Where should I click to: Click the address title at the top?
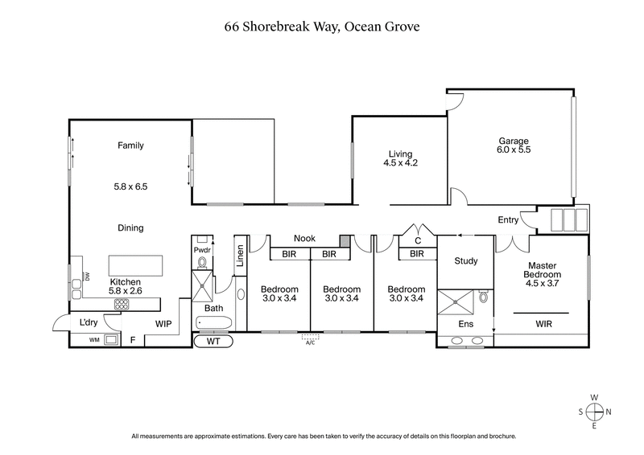pos(322,27)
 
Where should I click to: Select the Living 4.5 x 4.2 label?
pos(400,158)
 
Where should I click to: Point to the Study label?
pos(466,261)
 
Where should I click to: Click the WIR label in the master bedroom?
pos(544,323)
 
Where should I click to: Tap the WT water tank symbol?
pos(213,341)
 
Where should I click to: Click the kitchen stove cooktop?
pos(122,304)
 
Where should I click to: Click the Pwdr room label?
pos(202,250)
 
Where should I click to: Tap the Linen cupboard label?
pos(240,256)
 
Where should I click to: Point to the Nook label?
pos(304,239)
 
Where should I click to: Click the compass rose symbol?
pos(594,411)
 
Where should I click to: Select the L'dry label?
pos(88,322)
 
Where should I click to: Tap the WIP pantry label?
pos(163,323)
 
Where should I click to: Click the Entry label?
pos(508,219)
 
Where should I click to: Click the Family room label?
pos(130,146)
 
